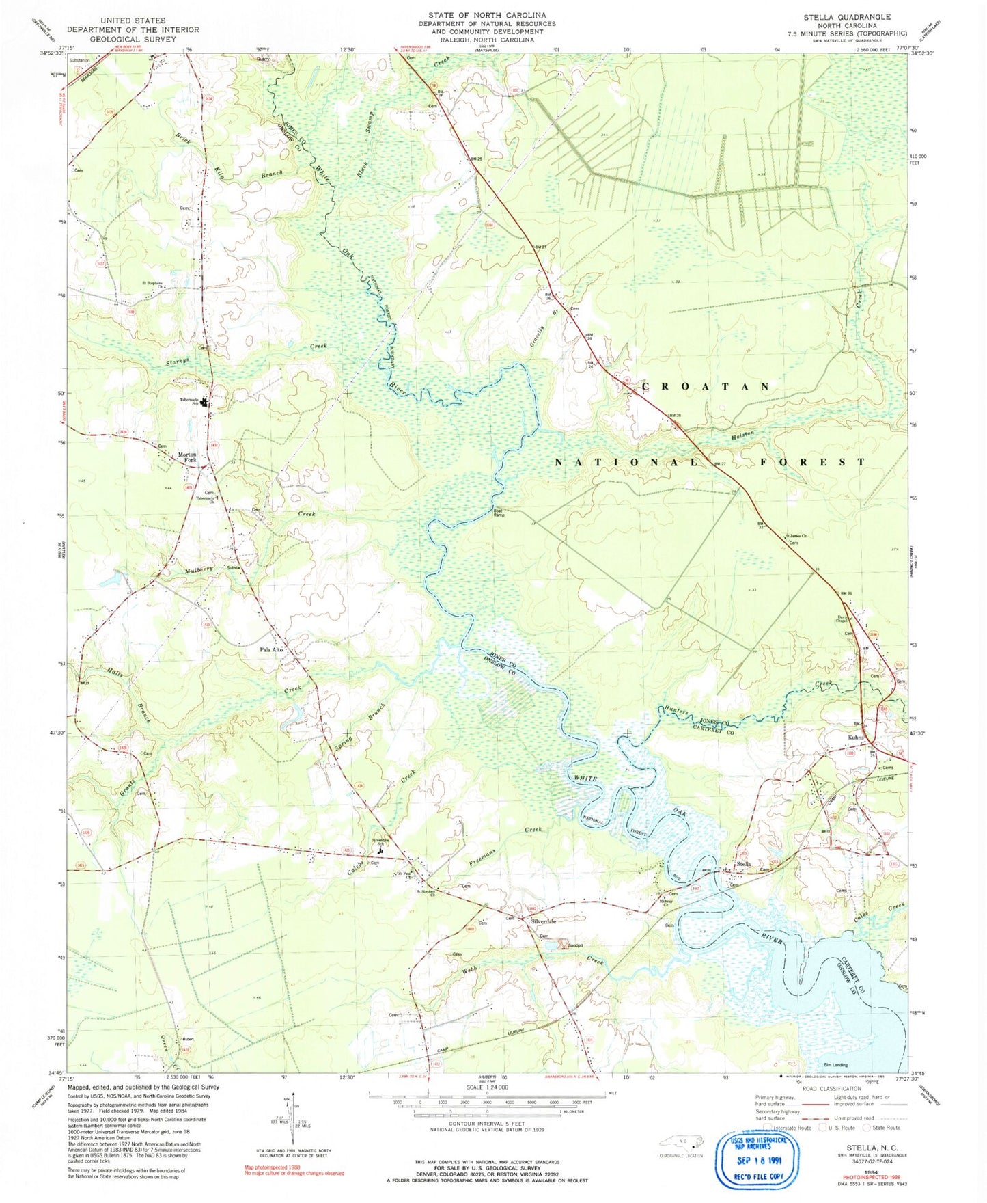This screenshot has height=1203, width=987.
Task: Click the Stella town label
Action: point(745,864)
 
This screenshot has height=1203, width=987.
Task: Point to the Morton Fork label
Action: point(187,457)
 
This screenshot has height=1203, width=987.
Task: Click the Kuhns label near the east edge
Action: point(857,738)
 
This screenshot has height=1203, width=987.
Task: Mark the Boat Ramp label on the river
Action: point(500,512)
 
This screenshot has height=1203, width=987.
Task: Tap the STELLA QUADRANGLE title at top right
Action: point(857,16)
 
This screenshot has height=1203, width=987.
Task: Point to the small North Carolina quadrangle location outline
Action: point(680,1141)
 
